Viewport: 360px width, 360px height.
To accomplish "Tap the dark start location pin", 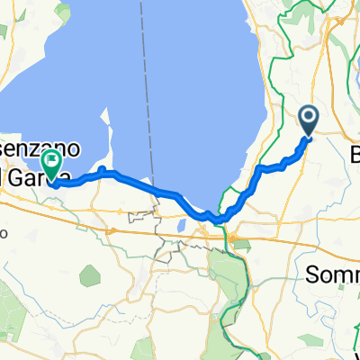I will (308, 120).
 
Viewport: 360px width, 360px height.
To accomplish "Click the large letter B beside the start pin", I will (355, 154).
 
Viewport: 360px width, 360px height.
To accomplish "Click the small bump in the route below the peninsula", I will (104, 169).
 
